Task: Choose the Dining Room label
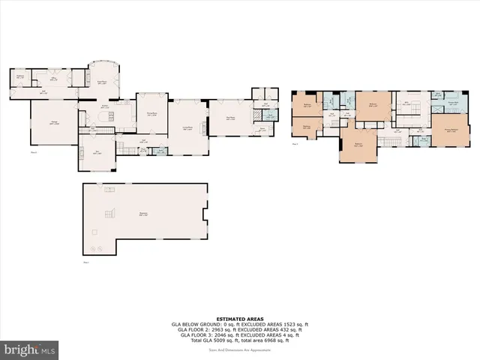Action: pos(151,114)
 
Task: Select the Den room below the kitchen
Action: pos(96,156)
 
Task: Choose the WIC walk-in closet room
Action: pos(406,104)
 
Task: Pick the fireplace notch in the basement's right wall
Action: pos(204,216)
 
